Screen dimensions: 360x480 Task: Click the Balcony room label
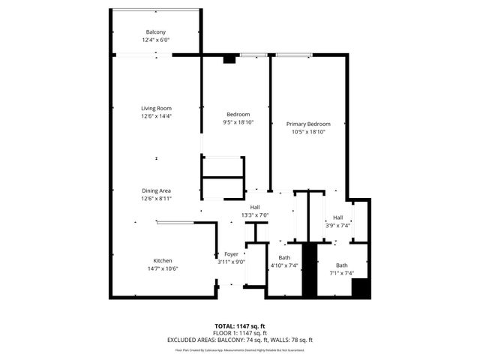click(x=156, y=31)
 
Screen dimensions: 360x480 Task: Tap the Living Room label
click(x=156, y=108)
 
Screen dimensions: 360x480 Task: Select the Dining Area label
click(x=156, y=190)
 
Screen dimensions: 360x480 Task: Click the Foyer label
click(x=231, y=254)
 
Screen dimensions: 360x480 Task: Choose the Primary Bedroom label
click(x=308, y=124)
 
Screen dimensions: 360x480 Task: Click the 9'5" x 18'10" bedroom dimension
click(x=238, y=122)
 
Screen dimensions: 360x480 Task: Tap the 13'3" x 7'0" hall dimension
click(x=255, y=215)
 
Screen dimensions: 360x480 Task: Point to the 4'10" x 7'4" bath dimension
click(x=284, y=265)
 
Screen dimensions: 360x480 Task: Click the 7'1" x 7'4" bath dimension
click(x=341, y=273)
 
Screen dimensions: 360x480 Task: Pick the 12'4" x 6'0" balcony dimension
click(x=156, y=40)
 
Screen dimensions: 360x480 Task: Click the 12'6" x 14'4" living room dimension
click(x=156, y=116)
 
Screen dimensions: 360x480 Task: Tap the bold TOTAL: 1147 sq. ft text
click(x=239, y=326)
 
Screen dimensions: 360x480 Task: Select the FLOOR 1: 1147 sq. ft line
click(x=239, y=333)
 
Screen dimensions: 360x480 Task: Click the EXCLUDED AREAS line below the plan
click(x=239, y=340)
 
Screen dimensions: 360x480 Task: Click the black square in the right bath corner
click(x=361, y=289)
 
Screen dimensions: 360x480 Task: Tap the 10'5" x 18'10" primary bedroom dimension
click(x=308, y=132)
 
